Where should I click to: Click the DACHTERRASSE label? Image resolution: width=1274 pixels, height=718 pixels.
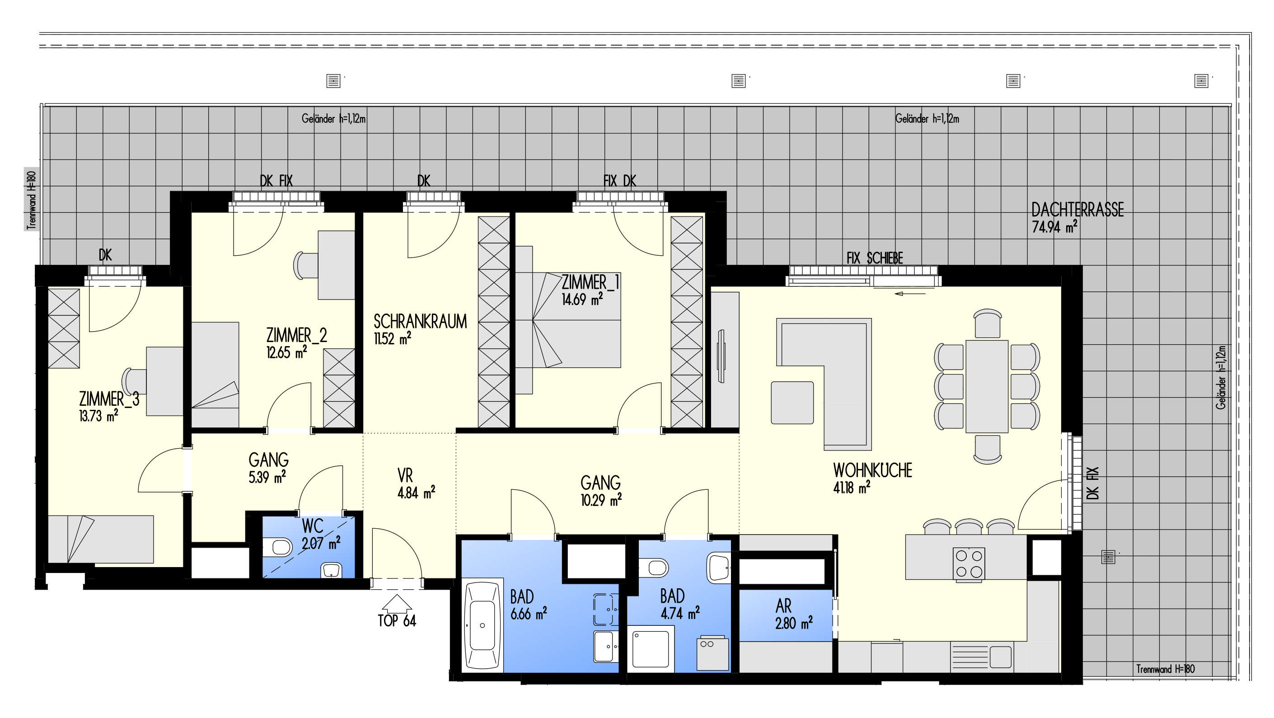coord(1077,210)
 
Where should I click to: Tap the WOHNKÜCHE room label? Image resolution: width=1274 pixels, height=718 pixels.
coord(872,470)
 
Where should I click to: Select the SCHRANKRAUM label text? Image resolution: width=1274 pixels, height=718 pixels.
coord(420,321)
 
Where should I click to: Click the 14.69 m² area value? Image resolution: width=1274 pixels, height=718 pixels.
coord(582,299)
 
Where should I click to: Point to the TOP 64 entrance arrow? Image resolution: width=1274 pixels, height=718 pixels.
coord(397,604)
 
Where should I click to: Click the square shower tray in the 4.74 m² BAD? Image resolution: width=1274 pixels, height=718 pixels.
coord(653,649)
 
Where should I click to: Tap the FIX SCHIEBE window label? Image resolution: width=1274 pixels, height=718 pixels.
coord(874,258)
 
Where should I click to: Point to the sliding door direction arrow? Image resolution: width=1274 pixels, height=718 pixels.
coord(910,294)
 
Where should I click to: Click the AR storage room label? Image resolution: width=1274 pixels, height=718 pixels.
coord(783,606)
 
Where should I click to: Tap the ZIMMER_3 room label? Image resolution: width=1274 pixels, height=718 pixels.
coord(109,399)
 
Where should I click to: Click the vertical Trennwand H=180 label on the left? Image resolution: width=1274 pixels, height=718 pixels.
coord(32,200)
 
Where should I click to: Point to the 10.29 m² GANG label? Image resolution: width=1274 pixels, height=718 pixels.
coord(601,491)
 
